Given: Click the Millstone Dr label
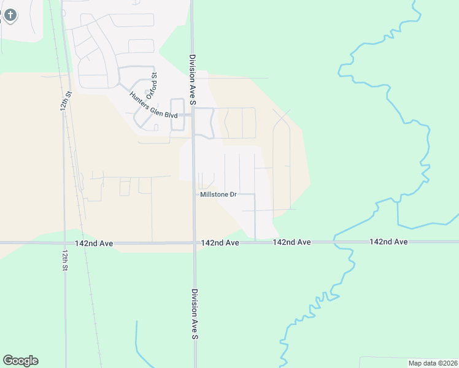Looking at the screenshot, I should coord(218,194).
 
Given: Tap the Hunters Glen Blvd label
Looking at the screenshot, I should coord(153,105).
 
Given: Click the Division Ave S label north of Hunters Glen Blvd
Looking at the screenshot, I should coord(191,79).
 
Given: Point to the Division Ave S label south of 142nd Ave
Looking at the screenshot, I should coord(195,314).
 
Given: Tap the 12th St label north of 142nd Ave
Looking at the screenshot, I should coord(66,101).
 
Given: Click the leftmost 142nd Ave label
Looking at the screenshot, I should coord(94,243).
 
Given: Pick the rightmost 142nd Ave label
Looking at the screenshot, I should coord(388,242).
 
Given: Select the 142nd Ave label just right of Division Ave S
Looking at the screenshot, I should coord(220,243).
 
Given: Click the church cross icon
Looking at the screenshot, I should coord(9,13).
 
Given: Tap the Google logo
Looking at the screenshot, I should coord(20,361).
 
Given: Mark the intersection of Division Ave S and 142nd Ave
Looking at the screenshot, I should coord(195,243).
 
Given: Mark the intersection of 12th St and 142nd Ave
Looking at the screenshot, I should coord(65,243).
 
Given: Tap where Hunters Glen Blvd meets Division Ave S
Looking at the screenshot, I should coord(193,115).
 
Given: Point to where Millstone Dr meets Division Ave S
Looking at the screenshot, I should coord(195,194).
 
